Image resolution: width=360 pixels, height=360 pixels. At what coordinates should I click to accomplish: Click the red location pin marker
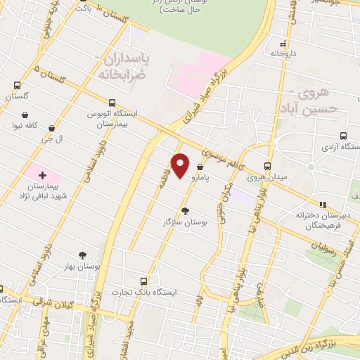tap(181, 166)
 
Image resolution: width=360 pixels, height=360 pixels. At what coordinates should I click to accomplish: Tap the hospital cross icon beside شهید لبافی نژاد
tap(42, 174)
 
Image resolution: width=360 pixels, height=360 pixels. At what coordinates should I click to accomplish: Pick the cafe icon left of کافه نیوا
tap(25, 115)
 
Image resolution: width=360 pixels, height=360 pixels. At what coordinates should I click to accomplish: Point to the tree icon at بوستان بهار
tap(84, 255)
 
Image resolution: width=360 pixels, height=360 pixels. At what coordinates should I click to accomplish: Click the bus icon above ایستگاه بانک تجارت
tap(144, 279)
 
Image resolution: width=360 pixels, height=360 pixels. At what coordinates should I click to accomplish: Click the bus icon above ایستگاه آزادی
tap(342, 136)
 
